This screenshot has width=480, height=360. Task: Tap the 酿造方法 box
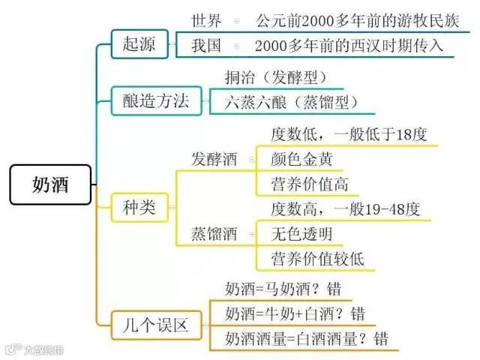(155, 100)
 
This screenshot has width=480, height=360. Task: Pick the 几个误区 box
(155, 325)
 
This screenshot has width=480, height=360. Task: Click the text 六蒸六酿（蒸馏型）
(290, 103)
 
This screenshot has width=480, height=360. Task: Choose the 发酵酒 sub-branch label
(214, 159)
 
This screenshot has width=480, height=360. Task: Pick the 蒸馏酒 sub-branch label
(214, 234)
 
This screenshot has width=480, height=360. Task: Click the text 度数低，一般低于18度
(348, 135)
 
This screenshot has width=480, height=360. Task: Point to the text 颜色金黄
(301, 159)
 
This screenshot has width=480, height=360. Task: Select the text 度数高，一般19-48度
(345, 209)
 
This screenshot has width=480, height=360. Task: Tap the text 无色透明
(301, 234)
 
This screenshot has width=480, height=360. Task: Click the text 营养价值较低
(317, 259)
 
